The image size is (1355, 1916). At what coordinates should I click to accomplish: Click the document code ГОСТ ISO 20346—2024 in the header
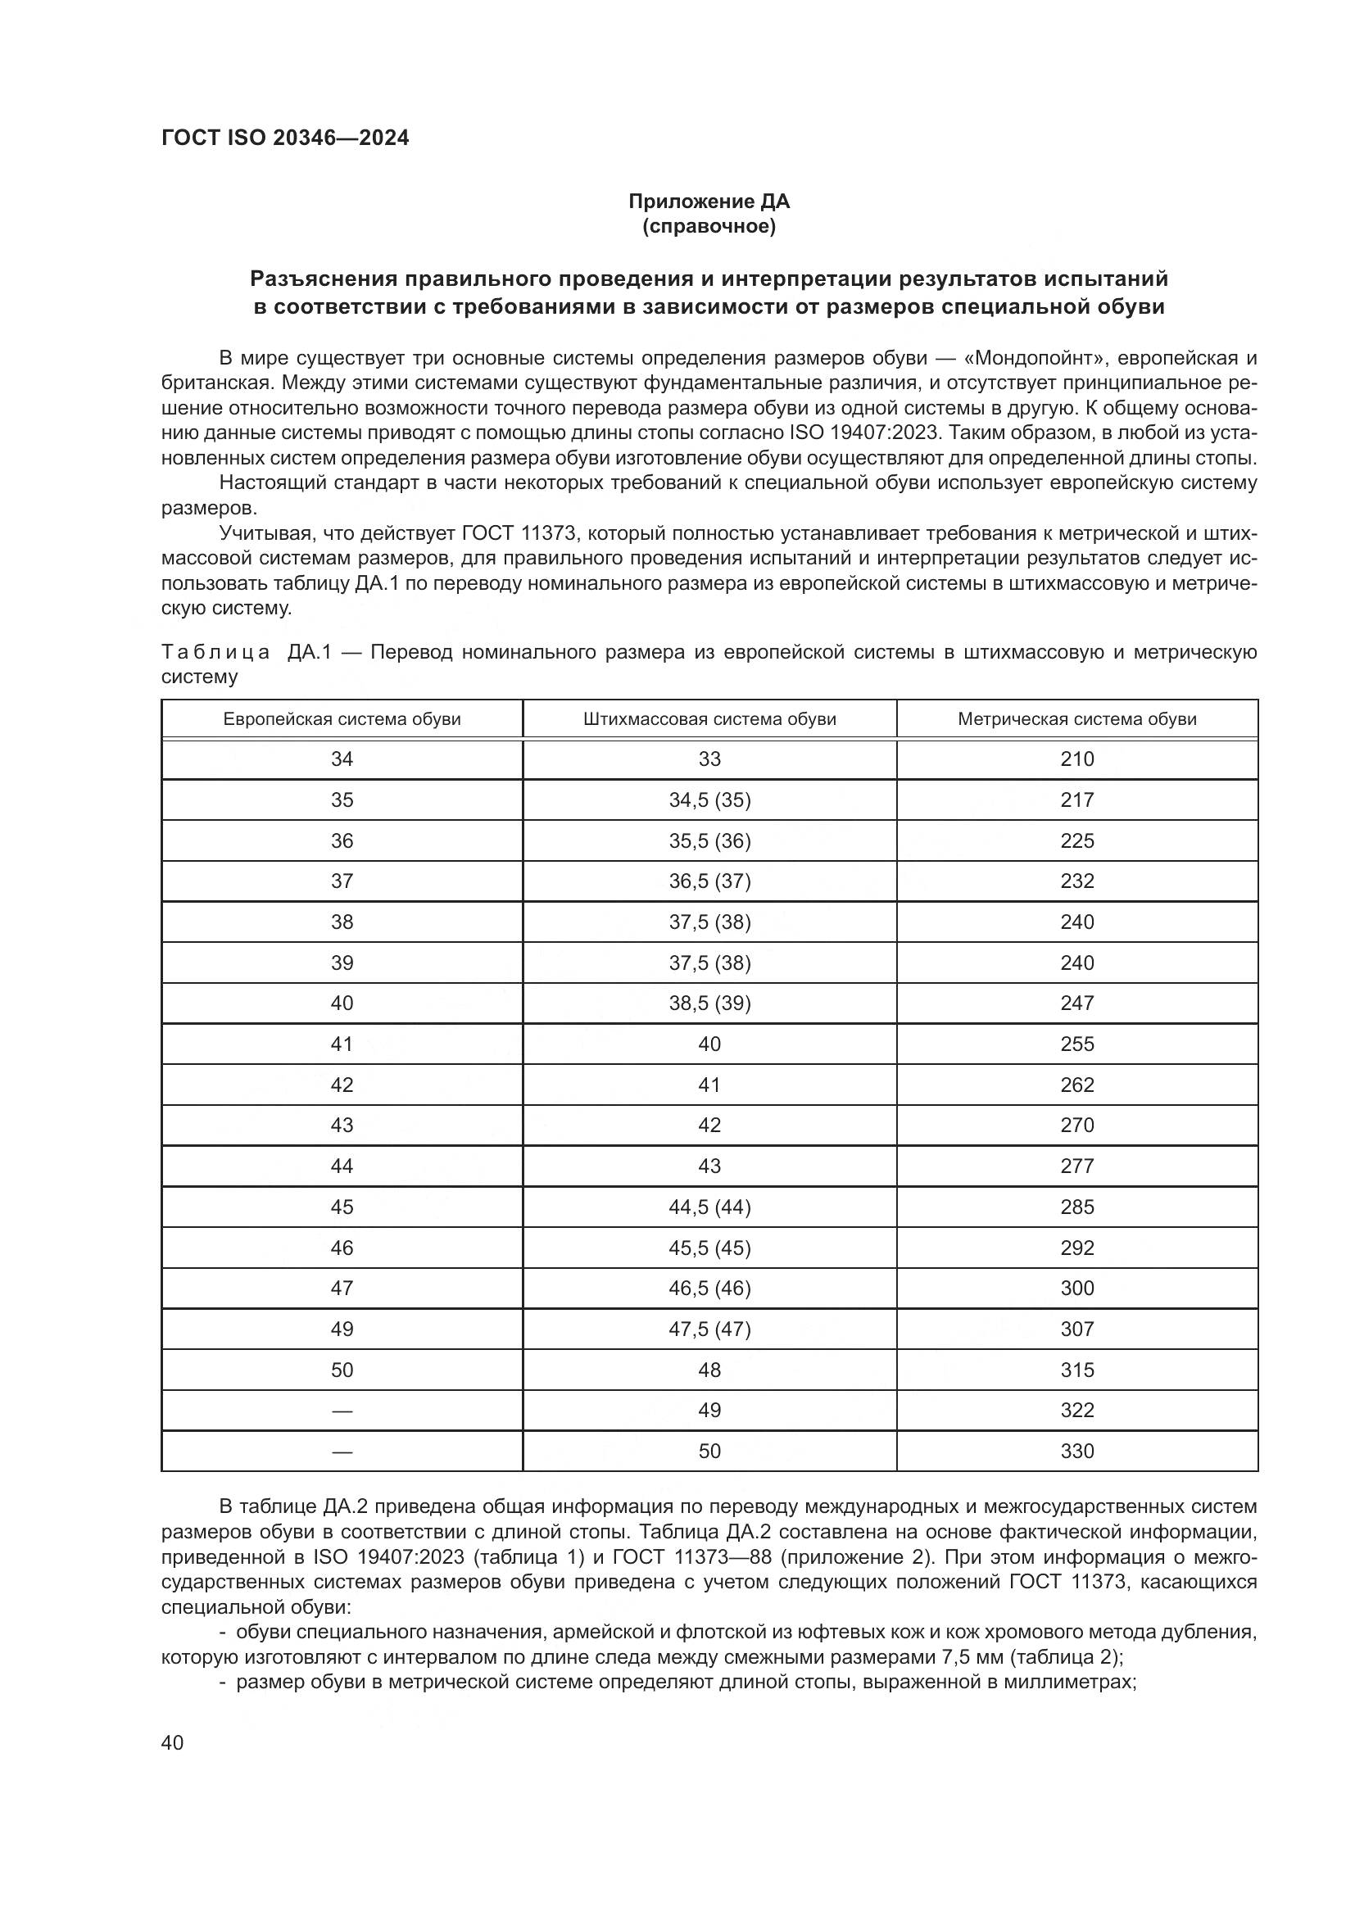click(284, 138)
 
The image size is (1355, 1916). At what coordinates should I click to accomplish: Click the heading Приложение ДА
click(709, 202)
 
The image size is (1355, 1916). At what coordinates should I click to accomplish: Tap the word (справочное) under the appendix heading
click(709, 226)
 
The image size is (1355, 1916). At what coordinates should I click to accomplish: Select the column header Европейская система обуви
click(342, 719)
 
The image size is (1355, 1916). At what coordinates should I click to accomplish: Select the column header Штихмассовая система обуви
click(709, 719)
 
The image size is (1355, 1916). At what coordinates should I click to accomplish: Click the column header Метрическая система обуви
click(1076, 719)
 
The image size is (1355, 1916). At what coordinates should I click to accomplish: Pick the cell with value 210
click(1076, 759)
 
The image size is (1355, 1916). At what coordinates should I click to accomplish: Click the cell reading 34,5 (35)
click(709, 800)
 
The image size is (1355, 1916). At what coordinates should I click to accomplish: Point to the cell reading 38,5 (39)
click(709, 1003)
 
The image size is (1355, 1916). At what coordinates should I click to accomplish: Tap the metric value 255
click(1076, 1044)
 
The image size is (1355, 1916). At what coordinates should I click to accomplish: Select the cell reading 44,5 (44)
click(709, 1207)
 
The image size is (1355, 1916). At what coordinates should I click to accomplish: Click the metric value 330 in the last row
click(1076, 1452)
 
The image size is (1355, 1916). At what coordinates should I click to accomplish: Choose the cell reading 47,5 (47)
click(709, 1329)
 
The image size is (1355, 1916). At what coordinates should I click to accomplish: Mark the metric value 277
click(1076, 1166)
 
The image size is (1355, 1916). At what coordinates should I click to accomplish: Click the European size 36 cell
click(342, 841)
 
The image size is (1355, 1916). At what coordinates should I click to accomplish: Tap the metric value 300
click(1076, 1288)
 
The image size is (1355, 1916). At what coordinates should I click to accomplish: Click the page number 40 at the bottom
click(172, 1742)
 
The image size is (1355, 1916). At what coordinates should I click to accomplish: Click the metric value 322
click(1076, 1411)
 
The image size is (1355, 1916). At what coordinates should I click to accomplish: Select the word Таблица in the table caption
click(215, 652)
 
